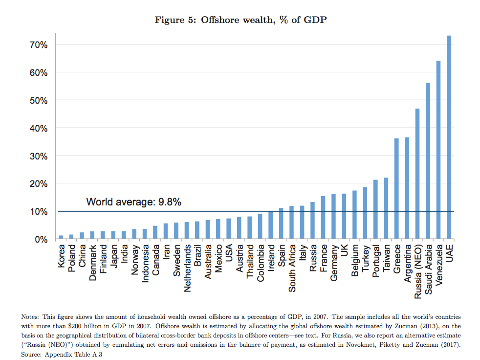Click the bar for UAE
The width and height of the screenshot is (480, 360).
tap(449, 137)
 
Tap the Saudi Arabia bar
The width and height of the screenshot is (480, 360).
tap(428, 161)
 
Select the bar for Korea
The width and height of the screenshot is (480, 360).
tap(61, 237)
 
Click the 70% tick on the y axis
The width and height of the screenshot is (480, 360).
tap(38, 45)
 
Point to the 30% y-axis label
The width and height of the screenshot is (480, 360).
tap(38, 156)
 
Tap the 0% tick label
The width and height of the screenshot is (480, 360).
tap(40, 240)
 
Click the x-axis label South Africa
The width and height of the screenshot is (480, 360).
tap(292, 268)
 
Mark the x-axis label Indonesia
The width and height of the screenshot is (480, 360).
tap(145, 265)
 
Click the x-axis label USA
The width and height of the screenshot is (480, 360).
tap(229, 254)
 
